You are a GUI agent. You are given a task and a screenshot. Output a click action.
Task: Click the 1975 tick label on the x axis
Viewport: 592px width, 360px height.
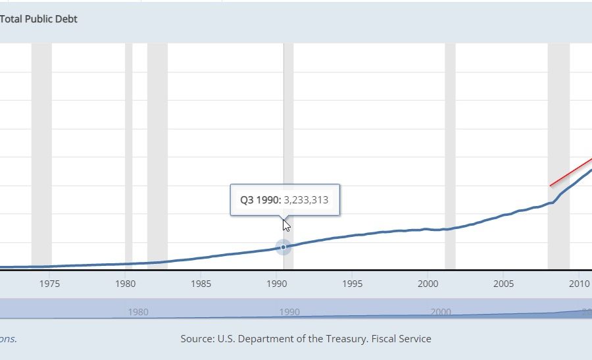tap(49, 284)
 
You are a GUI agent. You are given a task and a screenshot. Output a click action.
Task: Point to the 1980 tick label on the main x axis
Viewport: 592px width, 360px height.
tap(125, 284)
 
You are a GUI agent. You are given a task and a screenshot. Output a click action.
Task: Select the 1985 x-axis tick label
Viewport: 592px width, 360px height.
tap(201, 284)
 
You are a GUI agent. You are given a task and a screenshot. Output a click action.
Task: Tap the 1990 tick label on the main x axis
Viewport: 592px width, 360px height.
tap(276, 284)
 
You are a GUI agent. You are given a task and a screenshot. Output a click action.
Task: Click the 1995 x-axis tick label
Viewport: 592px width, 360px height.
tap(352, 284)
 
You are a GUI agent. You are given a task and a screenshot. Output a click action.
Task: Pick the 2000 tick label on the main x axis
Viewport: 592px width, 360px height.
tap(428, 284)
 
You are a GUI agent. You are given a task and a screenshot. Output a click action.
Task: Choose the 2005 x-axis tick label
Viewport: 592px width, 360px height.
tap(503, 284)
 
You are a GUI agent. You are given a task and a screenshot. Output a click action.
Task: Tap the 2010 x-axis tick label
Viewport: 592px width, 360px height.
tap(578, 284)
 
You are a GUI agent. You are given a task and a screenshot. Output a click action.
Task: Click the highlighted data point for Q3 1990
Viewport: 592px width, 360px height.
tap(284, 247)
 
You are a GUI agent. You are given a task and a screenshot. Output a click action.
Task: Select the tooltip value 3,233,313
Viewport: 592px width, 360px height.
tap(306, 200)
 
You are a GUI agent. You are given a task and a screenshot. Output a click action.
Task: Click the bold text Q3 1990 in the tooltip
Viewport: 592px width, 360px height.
tap(260, 200)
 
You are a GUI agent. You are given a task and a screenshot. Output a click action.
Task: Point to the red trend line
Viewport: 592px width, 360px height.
tap(570, 173)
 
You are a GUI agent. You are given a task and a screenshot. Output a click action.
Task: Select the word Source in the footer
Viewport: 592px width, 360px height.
tap(196, 339)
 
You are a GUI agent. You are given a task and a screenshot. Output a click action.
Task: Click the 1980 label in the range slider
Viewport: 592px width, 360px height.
tap(138, 312)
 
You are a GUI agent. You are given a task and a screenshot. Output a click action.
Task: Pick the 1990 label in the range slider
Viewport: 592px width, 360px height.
tap(289, 312)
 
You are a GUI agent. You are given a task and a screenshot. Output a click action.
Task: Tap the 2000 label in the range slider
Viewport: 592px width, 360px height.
tap(441, 312)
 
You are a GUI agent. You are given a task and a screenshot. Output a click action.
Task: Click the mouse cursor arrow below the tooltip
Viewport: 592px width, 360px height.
tap(286, 225)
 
